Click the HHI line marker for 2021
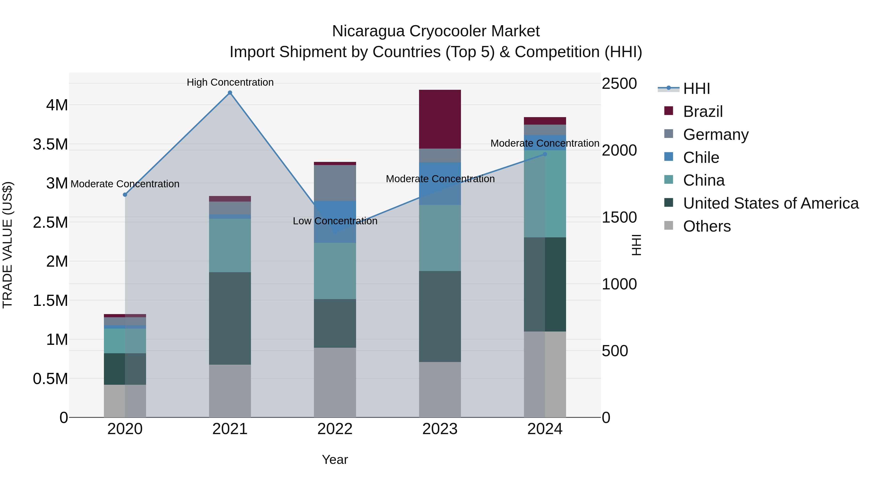click(x=230, y=93)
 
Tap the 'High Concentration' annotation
click(x=230, y=82)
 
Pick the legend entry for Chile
click(x=701, y=158)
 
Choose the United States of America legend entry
click(x=771, y=203)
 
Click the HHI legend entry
click(x=696, y=89)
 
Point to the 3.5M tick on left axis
click(x=50, y=144)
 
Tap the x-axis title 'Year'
click(x=335, y=460)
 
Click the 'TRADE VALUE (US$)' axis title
click(x=8, y=245)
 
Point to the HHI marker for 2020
click(x=125, y=195)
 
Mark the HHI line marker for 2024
click(x=545, y=154)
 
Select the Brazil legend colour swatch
click(x=669, y=111)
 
